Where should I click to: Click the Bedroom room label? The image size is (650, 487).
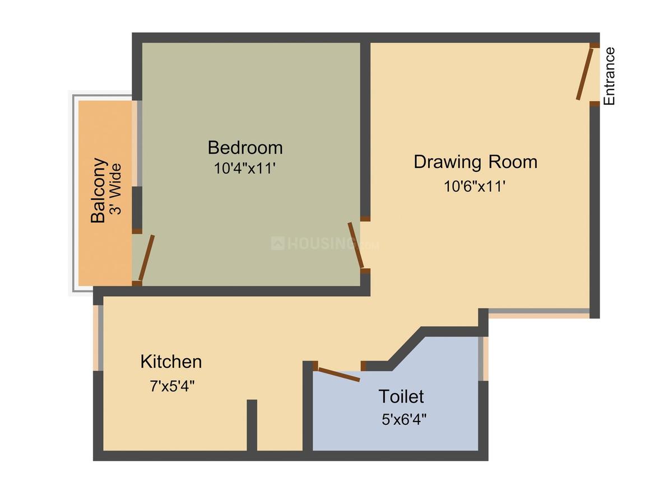(x=245, y=148)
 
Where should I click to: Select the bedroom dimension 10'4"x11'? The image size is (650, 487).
(x=245, y=168)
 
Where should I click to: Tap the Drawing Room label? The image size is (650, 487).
(x=475, y=162)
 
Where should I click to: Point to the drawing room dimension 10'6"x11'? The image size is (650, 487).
(x=475, y=186)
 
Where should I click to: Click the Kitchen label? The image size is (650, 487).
(x=171, y=362)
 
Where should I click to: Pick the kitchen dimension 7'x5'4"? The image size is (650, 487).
(x=172, y=386)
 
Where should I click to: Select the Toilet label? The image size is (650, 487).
(x=401, y=396)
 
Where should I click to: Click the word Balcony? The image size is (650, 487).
(x=99, y=190)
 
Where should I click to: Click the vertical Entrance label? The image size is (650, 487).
(x=609, y=76)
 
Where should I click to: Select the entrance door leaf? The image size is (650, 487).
(x=584, y=74)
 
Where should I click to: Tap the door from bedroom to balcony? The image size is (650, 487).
(x=146, y=258)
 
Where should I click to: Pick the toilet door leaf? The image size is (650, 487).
(x=338, y=374)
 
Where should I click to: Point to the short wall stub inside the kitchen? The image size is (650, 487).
(x=252, y=424)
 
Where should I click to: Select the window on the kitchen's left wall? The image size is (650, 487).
(x=99, y=338)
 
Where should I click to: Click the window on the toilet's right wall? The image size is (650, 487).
(x=482, y=359)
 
